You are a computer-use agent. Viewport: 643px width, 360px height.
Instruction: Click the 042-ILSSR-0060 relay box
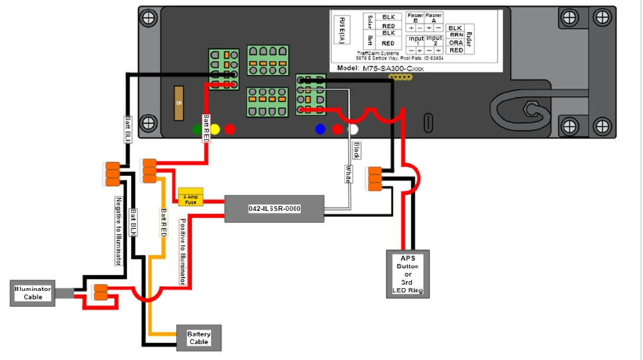[274, 208]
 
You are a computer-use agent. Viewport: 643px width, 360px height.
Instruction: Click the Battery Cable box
[198, 337]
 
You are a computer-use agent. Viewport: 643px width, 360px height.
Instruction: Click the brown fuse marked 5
[178, 103]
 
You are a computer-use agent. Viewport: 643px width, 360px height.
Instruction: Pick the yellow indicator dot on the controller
[214, 129]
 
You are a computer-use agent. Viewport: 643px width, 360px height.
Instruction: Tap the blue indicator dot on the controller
[321, 130]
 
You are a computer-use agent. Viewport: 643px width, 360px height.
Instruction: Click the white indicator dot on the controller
[355, 130]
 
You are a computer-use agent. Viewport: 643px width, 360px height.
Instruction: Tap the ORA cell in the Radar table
[455, 43]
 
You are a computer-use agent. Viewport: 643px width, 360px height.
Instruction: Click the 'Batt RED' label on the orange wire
[162, 224]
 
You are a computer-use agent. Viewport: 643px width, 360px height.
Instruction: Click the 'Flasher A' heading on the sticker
[434, 17]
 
